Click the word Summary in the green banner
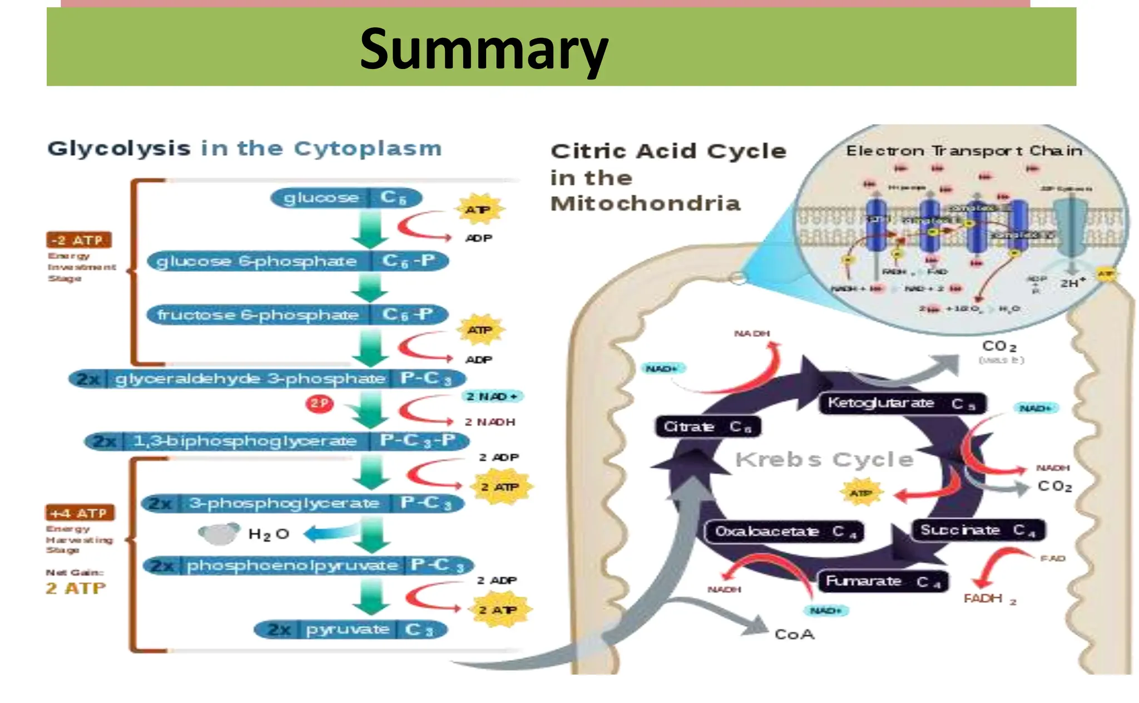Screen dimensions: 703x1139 pyautogui.click(x=483, y=50)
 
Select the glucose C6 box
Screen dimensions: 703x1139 pyautogui.click(x=346, y=198)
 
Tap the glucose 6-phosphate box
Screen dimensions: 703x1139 pyautogui.click(x=298, y=261)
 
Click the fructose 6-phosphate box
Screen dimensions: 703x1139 pyautogui.click(x=298, y=314)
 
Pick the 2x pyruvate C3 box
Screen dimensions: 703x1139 pyautogui.click(x=350, y=630)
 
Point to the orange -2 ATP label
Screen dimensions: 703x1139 pyautogui.click(x=78, y=240)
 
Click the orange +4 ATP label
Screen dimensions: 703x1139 pyautogui.click(x=80, y=513)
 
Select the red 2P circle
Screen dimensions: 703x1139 pyautogui.click(x=319, y=403)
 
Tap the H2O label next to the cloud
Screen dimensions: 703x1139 pyautogui.click(x=268, y=534)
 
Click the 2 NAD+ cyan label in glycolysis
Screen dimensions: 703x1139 pyautogui.click(x=492, y=396)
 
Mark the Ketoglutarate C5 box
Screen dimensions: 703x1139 pyautogui.click(x=902, y=403)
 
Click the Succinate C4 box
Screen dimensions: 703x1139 pyautogui.click(x=978, y=530)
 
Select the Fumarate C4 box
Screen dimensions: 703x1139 pyautogui.click(x=883, y=581)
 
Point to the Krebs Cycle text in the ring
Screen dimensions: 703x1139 pyautogui.click(x=824, y=460)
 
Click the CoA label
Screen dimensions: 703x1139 pyautogui.click(x=794, y=635)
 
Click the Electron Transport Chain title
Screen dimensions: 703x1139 pyautogui.click(x=964, y=151)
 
